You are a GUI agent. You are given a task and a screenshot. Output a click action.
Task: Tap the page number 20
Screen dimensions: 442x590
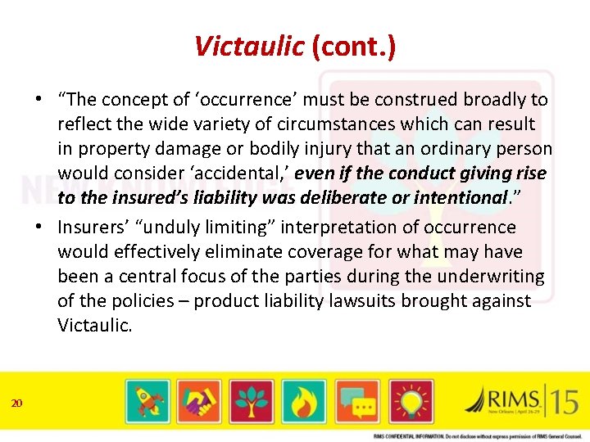17,402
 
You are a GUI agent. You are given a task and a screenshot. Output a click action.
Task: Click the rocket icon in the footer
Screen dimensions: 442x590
148,402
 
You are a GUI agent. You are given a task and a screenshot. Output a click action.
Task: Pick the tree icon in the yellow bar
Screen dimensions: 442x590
251,402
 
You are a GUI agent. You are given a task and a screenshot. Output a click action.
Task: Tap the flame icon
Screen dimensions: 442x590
302,402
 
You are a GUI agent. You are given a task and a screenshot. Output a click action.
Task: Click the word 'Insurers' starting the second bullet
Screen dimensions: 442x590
91,227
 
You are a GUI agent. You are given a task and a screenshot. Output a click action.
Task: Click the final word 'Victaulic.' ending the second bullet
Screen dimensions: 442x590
93,325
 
